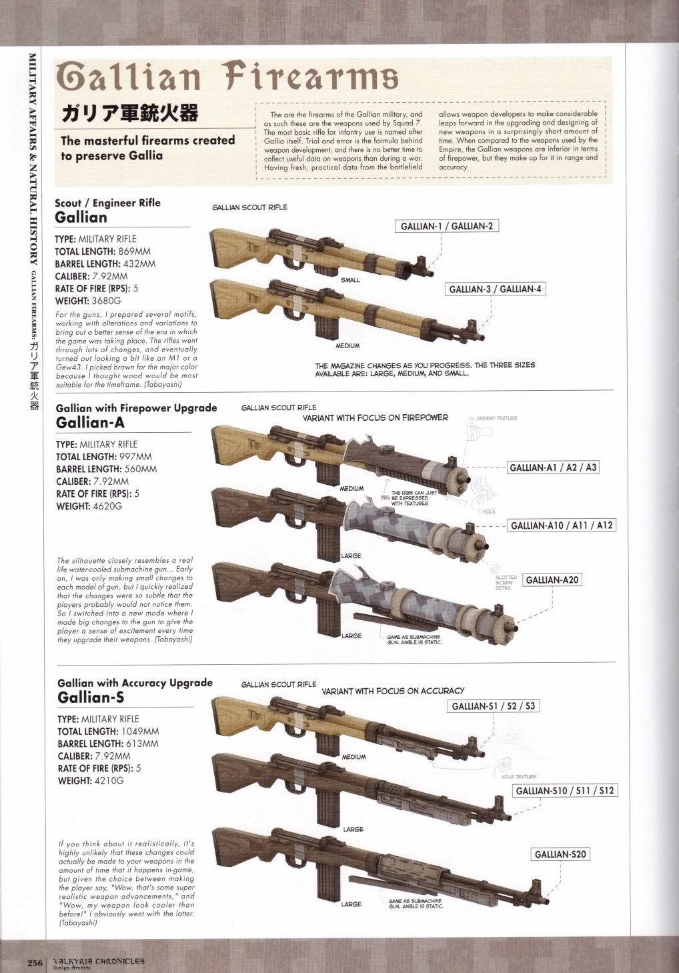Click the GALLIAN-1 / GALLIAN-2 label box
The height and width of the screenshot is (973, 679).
click(x=446, y=226)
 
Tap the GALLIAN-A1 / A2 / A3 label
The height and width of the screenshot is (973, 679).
click(x=552, y=467)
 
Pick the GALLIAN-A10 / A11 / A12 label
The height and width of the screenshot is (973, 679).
click(x=561, y=526)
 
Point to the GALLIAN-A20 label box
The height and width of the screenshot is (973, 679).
click(x=552, y=580)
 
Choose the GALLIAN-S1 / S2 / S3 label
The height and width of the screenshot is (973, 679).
click(x=493, y=706)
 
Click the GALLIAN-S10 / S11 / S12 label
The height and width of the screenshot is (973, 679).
click(x=564, y=791)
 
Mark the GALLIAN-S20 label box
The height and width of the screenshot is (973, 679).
click(x=560, y=854)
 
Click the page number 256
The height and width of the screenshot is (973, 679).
click(x=35, y=962)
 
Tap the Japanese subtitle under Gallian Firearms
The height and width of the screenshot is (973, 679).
click(x=129, y=113)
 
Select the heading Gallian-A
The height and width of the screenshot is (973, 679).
click(x=90, y=423)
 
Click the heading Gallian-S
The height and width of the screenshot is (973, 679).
click(x=91, y=698)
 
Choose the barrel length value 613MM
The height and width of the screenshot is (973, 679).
click(x=141, y=744)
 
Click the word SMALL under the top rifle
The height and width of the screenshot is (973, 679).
click(x=350, y=280)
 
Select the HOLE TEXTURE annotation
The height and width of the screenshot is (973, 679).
click(x=518, y=776)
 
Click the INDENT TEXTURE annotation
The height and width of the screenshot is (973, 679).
click(x=497, y=418)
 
